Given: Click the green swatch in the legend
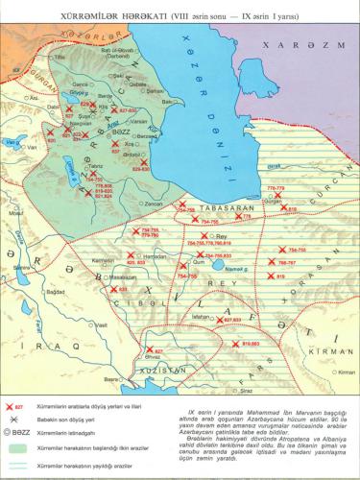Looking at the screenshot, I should pyautogui.click(x=19, y=447).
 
